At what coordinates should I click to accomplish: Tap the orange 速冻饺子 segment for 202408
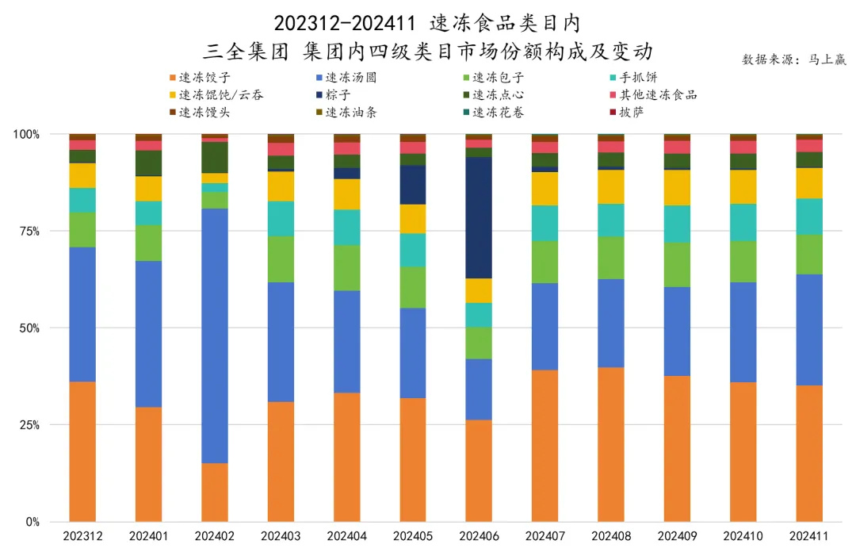point(610,444)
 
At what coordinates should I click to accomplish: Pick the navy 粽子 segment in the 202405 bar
point(412,184)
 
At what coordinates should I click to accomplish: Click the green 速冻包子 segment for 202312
point(82,229)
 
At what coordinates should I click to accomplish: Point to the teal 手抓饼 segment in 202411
point(809,216)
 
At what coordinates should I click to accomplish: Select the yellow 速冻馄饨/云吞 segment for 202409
point(677,187)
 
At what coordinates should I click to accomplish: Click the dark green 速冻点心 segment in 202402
point(214,157)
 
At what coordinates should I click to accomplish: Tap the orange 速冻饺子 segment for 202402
point(214,492)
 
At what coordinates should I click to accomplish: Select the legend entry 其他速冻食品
point(658,95)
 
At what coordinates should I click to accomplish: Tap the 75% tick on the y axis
point(29,231)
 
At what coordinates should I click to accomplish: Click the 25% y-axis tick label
point(29,425)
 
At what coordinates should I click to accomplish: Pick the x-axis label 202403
point(280,537)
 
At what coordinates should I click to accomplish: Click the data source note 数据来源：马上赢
point(793,59)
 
